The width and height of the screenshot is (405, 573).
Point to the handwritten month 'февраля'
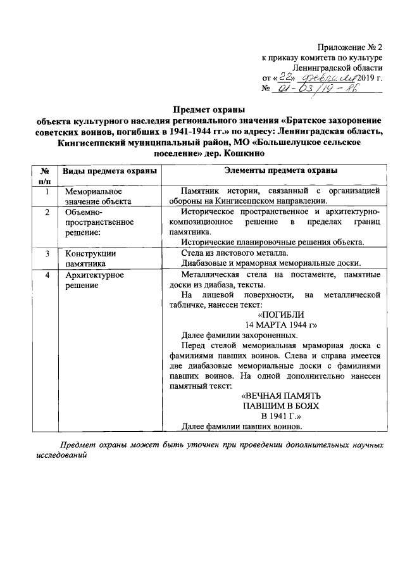pyautogui.click(x=327, y=77)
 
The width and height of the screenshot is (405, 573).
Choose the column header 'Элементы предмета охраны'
pyautogui.click(x=281, y=171)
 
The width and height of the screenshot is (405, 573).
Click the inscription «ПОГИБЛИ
pyautogui.click(x=281, y=315)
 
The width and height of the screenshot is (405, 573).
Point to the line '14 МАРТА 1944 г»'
pyautogui.click(x=281, y=325)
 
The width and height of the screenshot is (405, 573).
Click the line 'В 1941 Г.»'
pyautogui.click(x=281, y=416)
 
